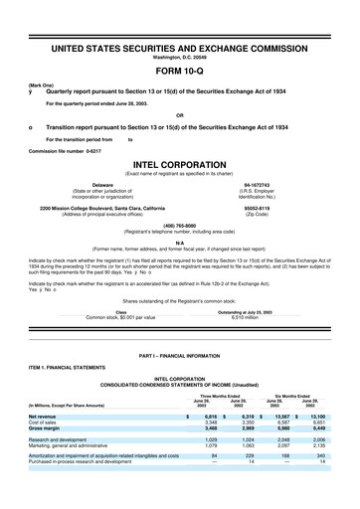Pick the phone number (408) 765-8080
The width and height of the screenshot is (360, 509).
click(x=179, y=224)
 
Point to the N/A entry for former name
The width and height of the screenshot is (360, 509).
click(x=179, y=241)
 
